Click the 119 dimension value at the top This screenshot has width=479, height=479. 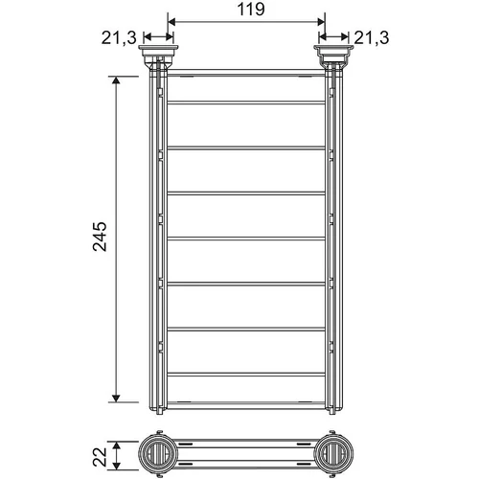(x=251, y=10)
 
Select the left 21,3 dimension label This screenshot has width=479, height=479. (x=119, y=38)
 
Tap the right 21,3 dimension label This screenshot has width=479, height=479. (x=372, y=38)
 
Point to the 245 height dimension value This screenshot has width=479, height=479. (x=100, y=237)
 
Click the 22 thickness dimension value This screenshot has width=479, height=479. (x=100, y=457)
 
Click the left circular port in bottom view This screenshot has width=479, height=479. (x=156, y=454)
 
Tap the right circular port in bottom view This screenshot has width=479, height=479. (x=333, y=454)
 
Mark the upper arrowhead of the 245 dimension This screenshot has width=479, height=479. (x=116, y=80)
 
